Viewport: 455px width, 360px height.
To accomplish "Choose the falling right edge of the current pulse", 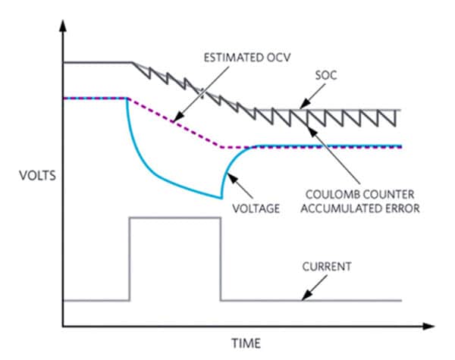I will [x=221, y=258].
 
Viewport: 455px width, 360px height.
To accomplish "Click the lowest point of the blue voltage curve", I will [x=221, y=198].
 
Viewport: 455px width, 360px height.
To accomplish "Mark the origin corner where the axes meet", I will [x=63, y=327].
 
